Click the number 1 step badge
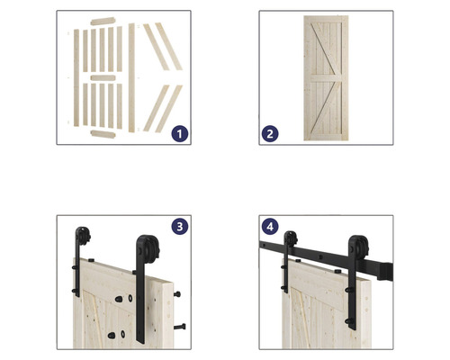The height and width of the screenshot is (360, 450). pyautogui.click(x=180, y=134)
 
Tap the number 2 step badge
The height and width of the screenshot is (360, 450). pyautogui.click(x=270, y=134)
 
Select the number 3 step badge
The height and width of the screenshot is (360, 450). pyautogui.click(x=180, y=226)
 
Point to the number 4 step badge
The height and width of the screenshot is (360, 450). pyautogui.click(x=270, y=226)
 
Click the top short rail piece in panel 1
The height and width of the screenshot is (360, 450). pyautogui.click(x=103, y=22)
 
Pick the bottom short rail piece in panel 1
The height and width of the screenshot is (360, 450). pyautogui.click(x=103, y=134)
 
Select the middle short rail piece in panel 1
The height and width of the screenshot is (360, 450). pyautogui.click(x=103, y=78)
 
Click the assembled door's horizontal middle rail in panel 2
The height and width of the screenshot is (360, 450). pyautogui.click(x=326, y=78)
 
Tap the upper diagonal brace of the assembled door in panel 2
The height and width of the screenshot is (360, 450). pyautogui.click(x=326, y=49)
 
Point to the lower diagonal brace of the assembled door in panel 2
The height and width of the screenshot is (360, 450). pyautogui.click(x=326, y=107)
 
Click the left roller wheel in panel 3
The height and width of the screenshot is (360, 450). pyautogui.click(x=84, y=235)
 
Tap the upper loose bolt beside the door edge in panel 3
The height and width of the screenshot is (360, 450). pyautogui.click(x=177, y=294)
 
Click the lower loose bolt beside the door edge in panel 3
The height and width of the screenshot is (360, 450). pyautogui.click(x=179, y=327)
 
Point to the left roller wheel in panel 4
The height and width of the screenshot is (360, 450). pyautogui.click(x=292, y=238)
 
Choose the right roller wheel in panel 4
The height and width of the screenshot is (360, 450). pyautogui.click(x=360, y=246)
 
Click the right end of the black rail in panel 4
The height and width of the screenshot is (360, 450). pyautogui.click(x=391, y=272)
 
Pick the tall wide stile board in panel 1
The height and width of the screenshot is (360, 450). pyautogui.click(x=131, y=77)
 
